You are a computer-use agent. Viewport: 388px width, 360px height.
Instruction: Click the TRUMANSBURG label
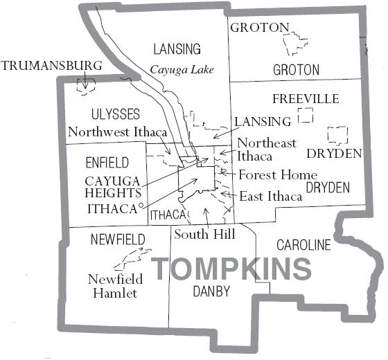click(51, 66)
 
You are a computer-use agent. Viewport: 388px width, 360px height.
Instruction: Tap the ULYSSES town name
click(116, 114)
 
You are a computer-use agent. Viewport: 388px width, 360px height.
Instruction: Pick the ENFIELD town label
click(107, 163)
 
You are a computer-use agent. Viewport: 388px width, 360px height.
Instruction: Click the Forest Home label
click(278, 175)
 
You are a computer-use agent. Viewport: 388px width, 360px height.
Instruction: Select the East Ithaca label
click(271, 197)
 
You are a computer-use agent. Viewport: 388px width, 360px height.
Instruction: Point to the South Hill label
click(196, 234)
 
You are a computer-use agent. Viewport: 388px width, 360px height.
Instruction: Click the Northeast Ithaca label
click(267, 150)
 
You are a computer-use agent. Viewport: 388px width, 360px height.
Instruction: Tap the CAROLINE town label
click(303, 245)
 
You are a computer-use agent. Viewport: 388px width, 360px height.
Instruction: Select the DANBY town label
click(211, 291)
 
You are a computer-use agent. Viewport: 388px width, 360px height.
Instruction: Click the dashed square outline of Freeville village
click(306, 115)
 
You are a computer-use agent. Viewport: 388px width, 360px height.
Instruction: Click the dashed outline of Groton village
click(296, 44)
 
